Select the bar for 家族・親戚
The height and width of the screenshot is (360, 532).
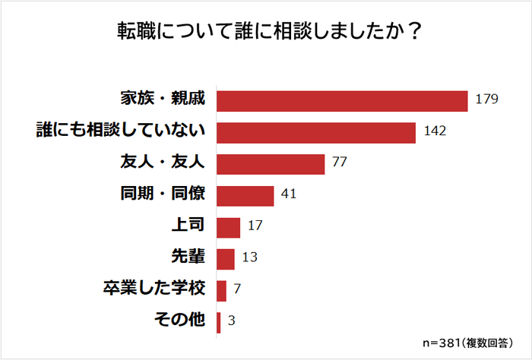[x=342, y=100]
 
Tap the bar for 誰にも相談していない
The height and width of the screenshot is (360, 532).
[x=316, y=132]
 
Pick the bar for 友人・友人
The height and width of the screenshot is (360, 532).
[x=271, y=164]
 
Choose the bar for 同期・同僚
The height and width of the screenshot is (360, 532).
[x=245, y=196]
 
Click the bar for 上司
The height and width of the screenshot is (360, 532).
[x=228, y=227]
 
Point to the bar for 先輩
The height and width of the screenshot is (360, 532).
[x=226, y=259]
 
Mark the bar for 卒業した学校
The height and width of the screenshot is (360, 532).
[x=222, y=291]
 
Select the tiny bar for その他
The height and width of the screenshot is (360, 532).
[x=219, y=322]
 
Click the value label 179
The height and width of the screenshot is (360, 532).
[x=486, y=99]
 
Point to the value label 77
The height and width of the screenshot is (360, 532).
[x=340, y=163]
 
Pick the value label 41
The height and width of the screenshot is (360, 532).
[x=288, y=195]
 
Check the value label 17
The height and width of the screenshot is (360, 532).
[x=255, y=227]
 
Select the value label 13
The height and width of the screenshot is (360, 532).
[x=250, y=258]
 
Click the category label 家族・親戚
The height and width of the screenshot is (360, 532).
[x=163, y=99]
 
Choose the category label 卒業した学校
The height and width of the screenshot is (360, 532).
[x=154, y=290]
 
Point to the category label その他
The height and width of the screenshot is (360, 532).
[x=180, y=321]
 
